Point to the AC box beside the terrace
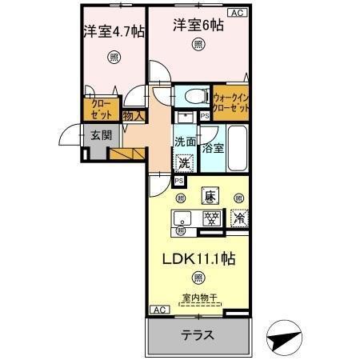(158, 309)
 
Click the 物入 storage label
(134, 116)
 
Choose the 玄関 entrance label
(101, 134)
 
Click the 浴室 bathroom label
(212, 148)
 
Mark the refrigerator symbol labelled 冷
(238, 217)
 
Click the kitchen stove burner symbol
(212, 218)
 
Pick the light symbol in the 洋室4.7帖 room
(114, 57)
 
